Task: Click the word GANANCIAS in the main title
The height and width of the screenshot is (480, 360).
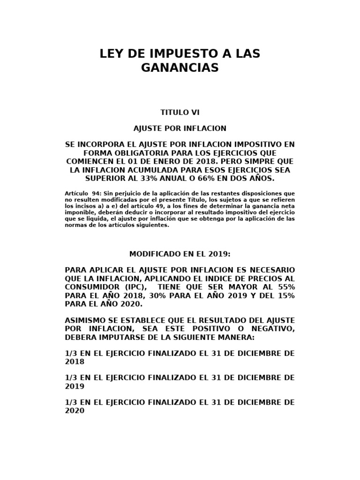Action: coord(180,68)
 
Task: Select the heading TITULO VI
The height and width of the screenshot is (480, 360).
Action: coord(180,112)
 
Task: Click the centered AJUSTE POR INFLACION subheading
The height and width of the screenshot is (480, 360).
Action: coord(180,128)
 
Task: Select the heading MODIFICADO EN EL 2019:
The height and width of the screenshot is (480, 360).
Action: coord(180,254)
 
